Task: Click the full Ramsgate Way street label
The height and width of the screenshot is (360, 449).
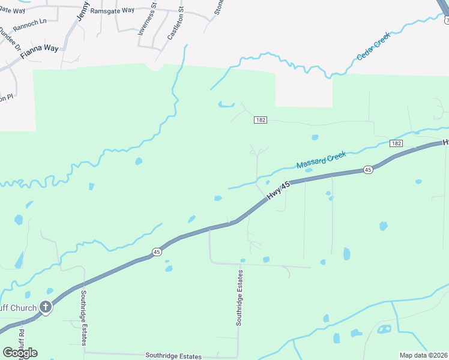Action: [x=112, y=10]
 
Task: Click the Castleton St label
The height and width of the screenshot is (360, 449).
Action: [x=174, y=25]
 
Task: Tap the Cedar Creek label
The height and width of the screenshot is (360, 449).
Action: [x=373, y=46]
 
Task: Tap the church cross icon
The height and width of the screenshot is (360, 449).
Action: [x=46, y=308]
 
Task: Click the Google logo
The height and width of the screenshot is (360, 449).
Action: [x=20, y=353]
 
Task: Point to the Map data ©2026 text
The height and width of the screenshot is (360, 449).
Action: [x=423, y=355]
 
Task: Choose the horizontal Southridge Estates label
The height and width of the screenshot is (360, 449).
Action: [x=173, y=356]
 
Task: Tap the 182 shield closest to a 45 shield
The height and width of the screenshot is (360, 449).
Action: [x=395, y=143]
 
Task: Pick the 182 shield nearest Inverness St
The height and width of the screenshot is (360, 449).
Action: [x=260, y=120]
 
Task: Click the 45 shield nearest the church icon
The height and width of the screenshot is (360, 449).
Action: [x=156, y=251]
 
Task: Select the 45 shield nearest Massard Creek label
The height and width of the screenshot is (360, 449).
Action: [x=368, y=170]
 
